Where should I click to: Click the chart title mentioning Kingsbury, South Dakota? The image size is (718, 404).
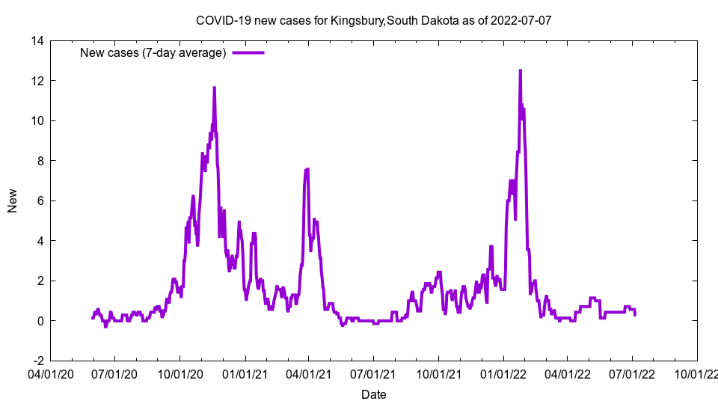373,20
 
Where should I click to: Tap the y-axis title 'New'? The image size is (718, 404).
13,201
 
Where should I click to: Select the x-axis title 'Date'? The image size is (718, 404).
373,394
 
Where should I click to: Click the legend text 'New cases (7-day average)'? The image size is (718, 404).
153,52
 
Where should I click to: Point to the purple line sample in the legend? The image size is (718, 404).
248,52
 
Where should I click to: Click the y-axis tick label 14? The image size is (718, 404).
37,40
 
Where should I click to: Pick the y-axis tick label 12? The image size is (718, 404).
37,81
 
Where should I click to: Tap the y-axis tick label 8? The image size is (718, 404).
40,161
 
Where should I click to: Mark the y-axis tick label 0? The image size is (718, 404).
40,321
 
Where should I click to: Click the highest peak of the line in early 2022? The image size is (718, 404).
520,70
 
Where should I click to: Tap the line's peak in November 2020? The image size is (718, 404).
214,88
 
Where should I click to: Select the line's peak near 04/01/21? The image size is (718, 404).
307,169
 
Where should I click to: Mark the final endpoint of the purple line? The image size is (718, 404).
635,314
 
